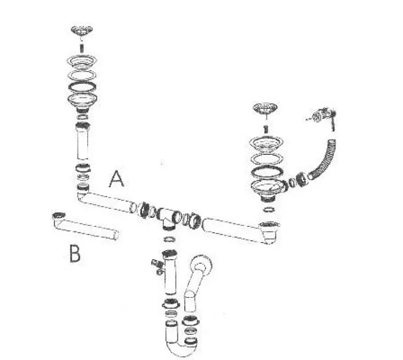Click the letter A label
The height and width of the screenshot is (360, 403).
click(x=116, y=179)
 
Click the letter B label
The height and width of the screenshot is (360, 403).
click(x=75, y=254)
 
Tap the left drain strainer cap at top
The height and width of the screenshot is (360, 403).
click(x=82, y=31)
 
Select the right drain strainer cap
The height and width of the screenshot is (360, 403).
click(x=265, y=108)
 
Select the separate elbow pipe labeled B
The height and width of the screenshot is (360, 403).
click(x=85, y=225)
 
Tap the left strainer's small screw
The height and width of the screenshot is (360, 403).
click(x=82, y=48)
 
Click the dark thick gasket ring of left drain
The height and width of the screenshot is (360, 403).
click(x=82, y=87)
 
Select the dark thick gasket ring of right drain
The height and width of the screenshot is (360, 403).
click(x=267, y=171)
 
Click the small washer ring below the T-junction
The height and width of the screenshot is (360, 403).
click(x=170, y=239)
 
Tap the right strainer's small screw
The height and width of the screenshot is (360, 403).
click(x=266, y=129)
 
